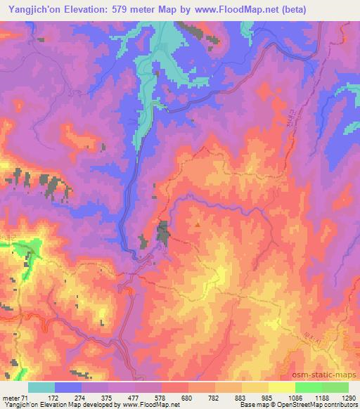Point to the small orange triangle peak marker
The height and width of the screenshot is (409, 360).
198,226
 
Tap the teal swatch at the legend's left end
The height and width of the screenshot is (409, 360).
41,387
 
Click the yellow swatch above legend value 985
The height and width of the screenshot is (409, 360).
255,387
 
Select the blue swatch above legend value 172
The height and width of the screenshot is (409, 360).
68,387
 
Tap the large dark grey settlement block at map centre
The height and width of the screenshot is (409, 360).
163,233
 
